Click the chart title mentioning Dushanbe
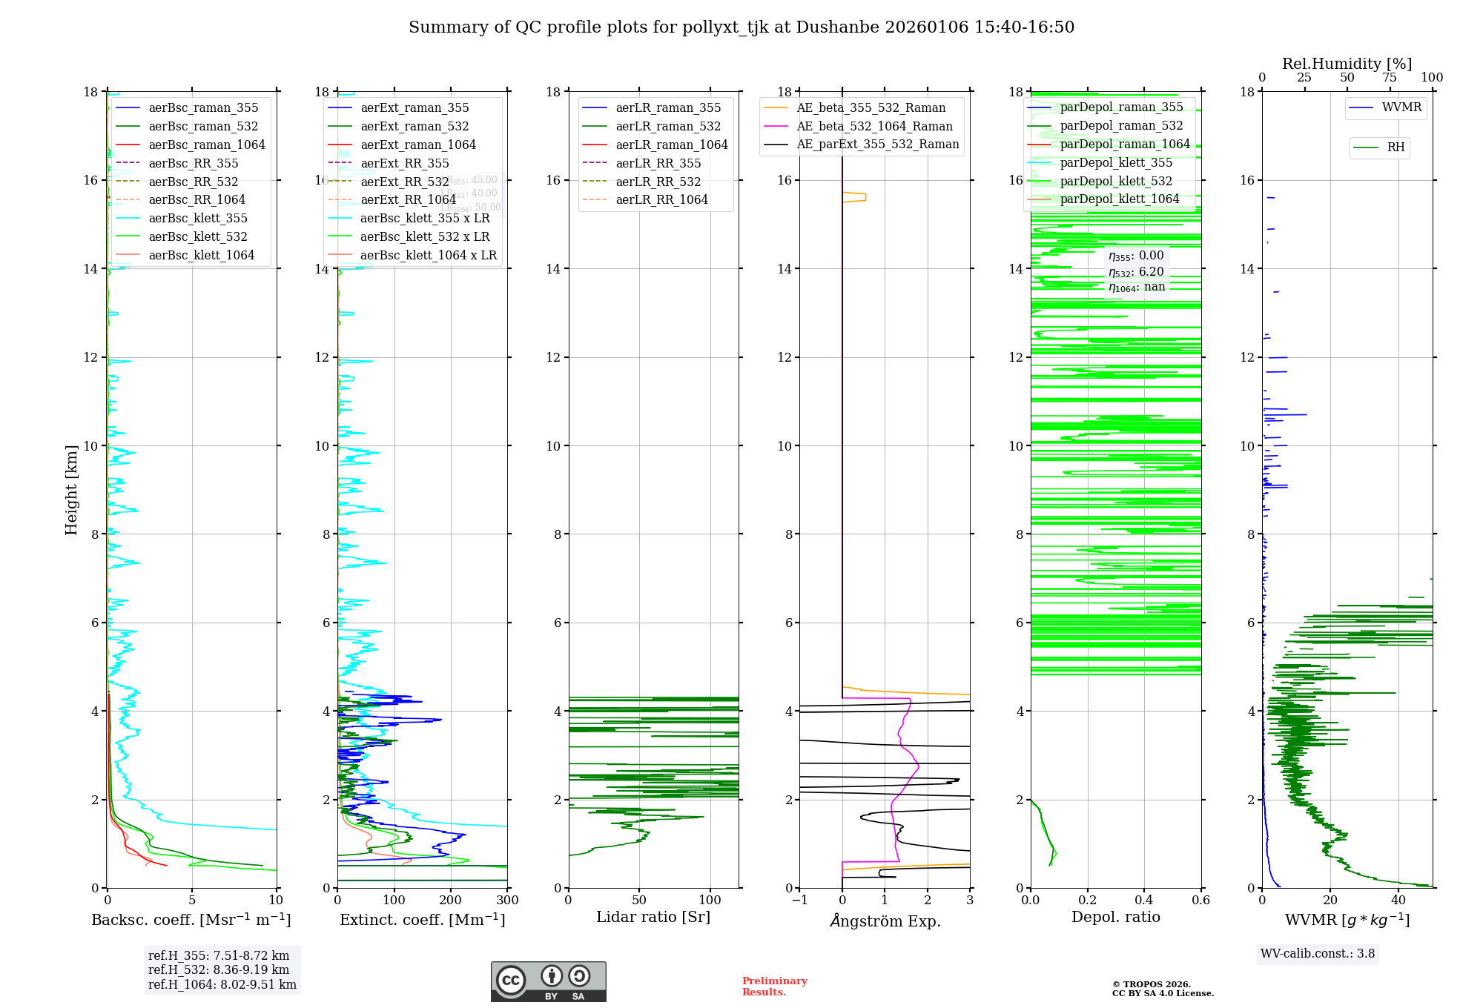(741, 27)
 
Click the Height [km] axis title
(71, 489)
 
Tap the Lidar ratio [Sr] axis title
(653, 917)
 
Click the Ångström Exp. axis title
(885, 921)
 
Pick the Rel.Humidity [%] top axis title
(1347, 64)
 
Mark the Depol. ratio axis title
(1115, 917)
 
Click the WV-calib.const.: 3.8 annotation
(1318, 953)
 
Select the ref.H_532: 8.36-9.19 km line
(219, 969)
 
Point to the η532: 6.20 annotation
(1136, 272)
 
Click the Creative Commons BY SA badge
(548, 981)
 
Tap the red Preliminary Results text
(774, 986)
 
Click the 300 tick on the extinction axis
(507, 900)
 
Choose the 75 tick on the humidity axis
(1390, 77)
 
